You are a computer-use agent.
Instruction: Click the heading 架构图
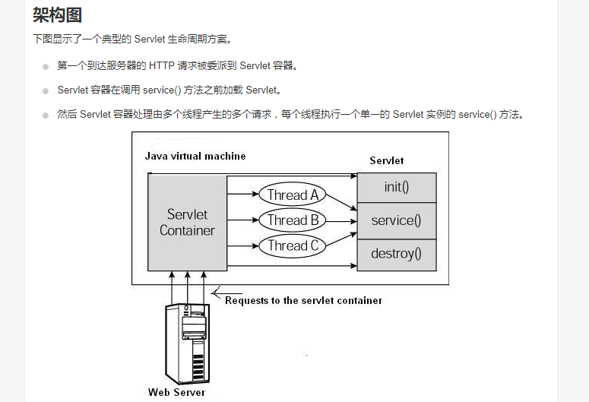57,14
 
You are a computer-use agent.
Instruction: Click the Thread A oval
293,195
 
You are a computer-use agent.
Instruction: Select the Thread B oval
293,220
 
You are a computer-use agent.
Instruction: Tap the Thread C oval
293,245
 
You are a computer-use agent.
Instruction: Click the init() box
397,188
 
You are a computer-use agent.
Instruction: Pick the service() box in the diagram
397,220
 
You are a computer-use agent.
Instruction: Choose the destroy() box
397,254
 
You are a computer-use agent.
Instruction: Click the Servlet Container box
188,222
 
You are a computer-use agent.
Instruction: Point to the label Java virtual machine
195,156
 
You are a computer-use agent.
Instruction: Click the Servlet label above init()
387,160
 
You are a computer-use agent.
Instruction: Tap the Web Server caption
176,392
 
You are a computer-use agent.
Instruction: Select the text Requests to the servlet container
303,300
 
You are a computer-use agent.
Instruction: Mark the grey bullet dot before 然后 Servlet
46,115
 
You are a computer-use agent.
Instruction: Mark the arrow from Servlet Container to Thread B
243,220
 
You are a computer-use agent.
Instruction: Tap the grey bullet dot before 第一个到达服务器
46,66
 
